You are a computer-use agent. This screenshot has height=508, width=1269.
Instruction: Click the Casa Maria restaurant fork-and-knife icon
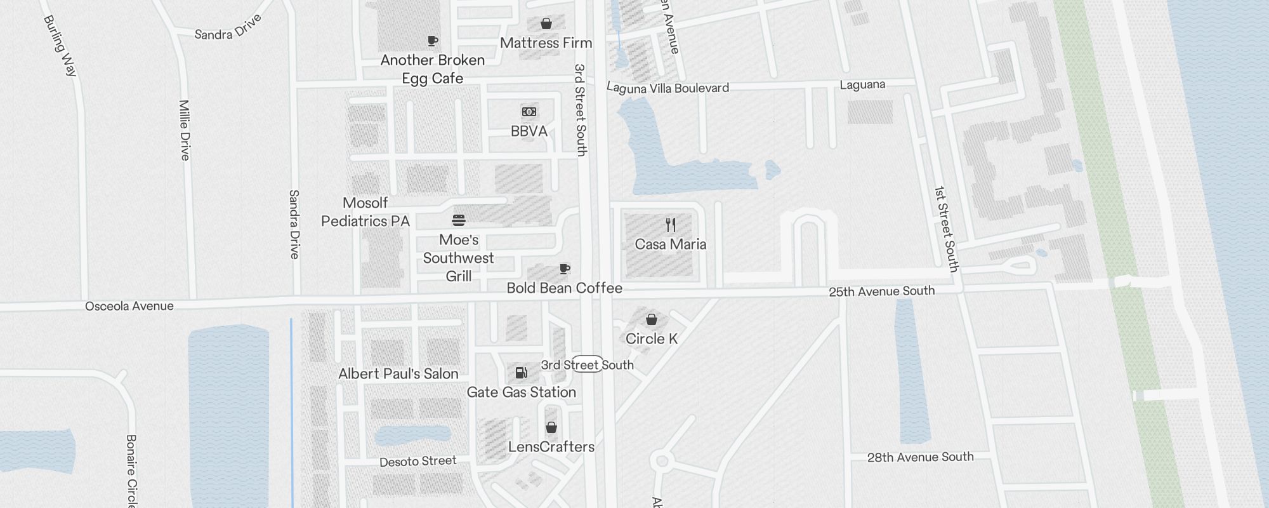click(671, 224)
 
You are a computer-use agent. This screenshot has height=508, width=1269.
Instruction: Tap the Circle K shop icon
click(652, 319)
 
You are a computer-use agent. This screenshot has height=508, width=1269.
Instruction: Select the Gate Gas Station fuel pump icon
click(521, 373)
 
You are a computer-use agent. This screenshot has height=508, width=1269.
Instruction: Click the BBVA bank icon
click(529, 112)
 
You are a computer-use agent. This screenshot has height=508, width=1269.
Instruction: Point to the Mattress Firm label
click(546, 43)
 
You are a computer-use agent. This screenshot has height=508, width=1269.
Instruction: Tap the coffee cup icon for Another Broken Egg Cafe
click(433, 41)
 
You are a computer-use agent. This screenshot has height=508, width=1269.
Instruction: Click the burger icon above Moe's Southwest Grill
click(459, 220)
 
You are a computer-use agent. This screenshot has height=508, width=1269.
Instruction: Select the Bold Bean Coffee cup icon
click(565, 269)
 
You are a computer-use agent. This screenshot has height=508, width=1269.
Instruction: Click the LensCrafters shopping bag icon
click(551, 427)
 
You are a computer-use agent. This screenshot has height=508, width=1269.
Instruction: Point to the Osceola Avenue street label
click(129, 306)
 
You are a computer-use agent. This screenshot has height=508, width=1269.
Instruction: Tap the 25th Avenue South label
click(881, 291)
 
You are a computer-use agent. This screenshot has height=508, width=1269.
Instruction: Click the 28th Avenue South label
click(920, 457)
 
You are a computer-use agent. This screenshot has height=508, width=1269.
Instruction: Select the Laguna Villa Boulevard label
click(667, 88)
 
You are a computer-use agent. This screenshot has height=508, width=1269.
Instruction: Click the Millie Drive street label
click(185, 130)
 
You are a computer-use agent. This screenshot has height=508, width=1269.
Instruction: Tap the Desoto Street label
click(418, 462)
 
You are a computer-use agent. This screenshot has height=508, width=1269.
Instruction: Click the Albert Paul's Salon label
click(398, 374)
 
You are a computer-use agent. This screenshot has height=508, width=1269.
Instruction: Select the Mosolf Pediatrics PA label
click(365, 212)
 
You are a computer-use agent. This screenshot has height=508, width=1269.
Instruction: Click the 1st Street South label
click(946, 229)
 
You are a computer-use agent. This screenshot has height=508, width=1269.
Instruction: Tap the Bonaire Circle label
click(131, 470)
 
